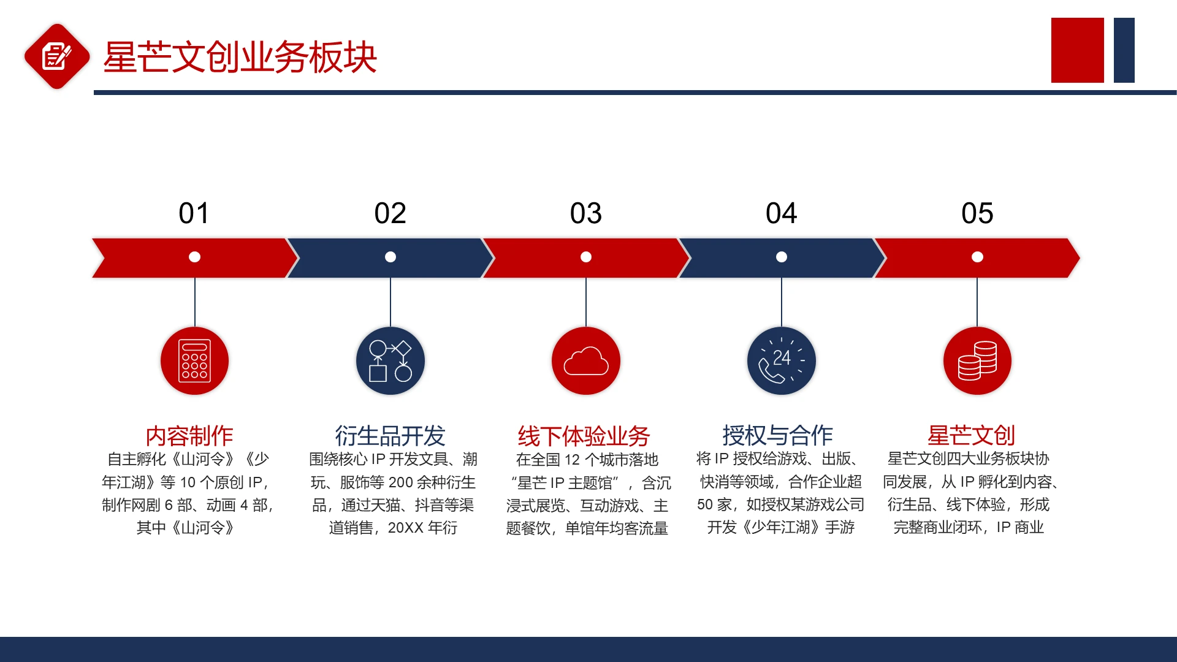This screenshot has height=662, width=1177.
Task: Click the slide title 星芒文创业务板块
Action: click(240, 57)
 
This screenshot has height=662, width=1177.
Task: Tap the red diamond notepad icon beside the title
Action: click(57, 56)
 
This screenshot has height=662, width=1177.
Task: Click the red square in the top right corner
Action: click(1077, 50)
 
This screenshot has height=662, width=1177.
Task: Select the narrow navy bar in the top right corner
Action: click(1124, 50)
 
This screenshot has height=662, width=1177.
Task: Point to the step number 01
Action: click(194, 213)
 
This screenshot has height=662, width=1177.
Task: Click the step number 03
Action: click(585, 213)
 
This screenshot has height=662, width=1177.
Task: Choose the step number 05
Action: click(977, 213)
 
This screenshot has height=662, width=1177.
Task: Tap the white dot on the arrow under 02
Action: click(390, 257)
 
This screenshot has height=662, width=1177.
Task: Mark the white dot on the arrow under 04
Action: click(782, 257)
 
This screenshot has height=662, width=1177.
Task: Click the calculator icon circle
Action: click(195, 361)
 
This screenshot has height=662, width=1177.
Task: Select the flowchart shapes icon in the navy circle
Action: click(390, 361)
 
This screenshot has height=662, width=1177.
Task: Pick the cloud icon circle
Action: click(586, 361)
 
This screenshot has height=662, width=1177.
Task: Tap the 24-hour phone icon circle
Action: click(782, 361)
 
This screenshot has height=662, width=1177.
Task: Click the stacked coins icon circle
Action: click(977, 361)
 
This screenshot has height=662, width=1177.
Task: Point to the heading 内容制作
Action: click(189, 436)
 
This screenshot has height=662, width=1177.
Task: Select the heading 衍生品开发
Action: click(390, 436)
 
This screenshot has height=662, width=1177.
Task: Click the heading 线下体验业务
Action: click(584, 436)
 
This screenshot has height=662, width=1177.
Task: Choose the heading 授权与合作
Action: click(777, 435)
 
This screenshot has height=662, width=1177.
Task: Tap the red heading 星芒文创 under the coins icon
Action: click(972, 435)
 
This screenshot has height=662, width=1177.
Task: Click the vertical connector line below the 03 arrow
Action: click(586, 302)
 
